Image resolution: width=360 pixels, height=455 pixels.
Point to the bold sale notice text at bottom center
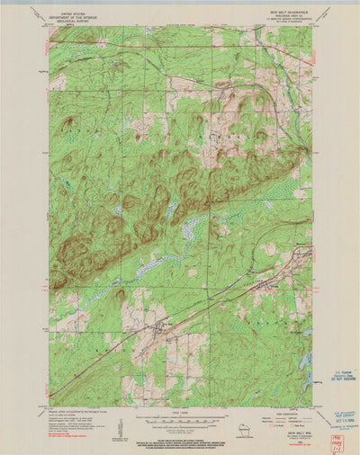[x=179, y=440]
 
